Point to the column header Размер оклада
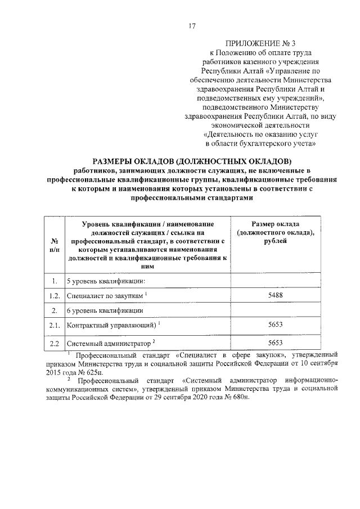point(276,225)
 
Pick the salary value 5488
point(276,295)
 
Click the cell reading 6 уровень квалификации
point(105,310)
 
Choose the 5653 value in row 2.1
point(276,325)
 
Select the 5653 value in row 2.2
point(276,343)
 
